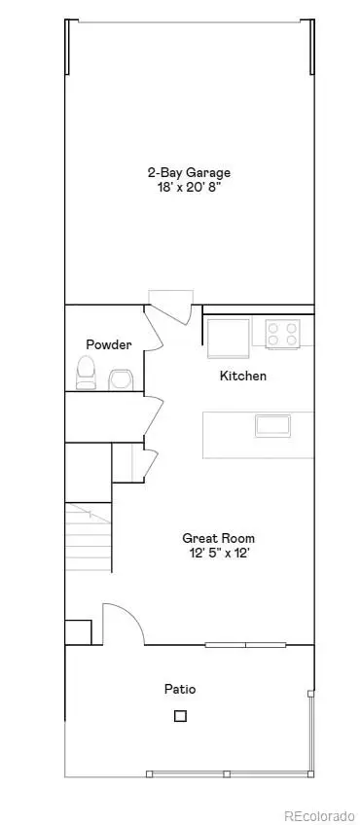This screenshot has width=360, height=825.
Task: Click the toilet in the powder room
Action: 87,371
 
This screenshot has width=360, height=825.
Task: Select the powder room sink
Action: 121,377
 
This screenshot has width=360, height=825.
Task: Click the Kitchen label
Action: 243,376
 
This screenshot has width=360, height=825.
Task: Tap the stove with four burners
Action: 283,335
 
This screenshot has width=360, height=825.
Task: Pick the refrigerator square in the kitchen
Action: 228,338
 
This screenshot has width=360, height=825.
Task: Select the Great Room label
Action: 211,537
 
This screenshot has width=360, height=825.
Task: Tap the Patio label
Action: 179,689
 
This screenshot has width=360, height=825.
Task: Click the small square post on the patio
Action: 180,717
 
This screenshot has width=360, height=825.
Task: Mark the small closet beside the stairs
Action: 127,462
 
